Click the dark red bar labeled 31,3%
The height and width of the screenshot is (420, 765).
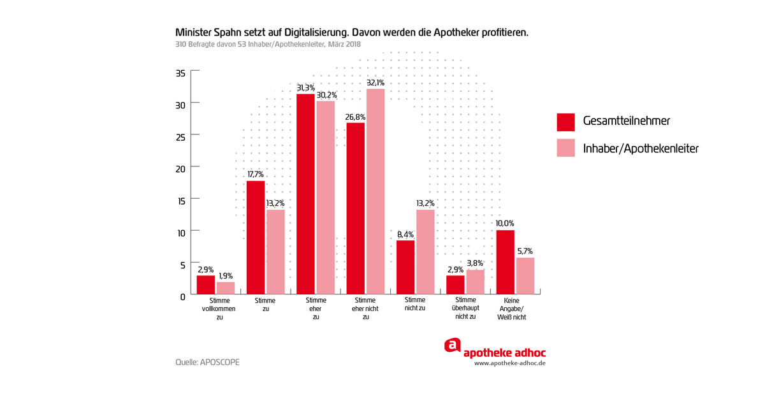[x=305, y=194]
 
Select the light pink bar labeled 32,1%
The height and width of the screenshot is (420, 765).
[x=375, y=191]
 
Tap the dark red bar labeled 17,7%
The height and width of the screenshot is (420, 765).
[x=256, y=237]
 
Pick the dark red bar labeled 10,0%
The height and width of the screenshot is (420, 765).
[x=505, y=262]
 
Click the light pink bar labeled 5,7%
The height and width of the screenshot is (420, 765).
[x=525, y=275]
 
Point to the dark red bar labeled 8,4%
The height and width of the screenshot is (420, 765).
[x=405, y=267]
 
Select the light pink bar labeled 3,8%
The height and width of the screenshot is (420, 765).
[x=475, y=282]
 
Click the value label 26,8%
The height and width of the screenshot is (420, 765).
[x=355, y=117]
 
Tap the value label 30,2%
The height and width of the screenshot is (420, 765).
[x=326, y=95]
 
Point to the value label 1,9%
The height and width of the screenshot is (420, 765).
[x=226, y=276]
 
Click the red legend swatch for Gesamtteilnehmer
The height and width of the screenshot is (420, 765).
[x=565, y=122]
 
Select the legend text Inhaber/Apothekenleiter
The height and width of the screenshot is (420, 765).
[x=641, y=148]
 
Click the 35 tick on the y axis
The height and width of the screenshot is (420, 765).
[x=180, y=73]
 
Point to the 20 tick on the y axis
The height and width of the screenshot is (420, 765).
[x=180, y=169]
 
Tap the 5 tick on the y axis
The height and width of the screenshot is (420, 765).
[x=182, y=264]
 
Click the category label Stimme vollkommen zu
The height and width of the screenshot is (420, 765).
[x=219, y=308]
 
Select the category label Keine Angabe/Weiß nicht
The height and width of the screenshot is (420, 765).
[x=511, y=308]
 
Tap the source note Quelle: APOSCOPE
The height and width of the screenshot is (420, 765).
[x=207, y=362]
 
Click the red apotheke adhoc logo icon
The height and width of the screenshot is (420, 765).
[x=452, y=345]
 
